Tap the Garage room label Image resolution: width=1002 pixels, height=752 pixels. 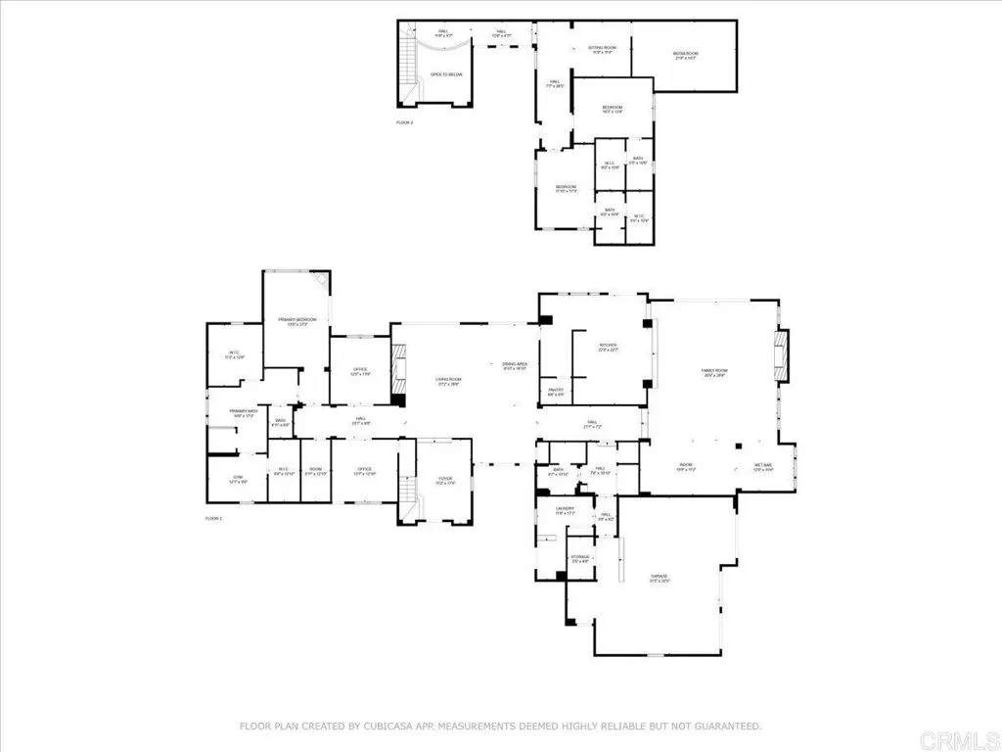tap(664, 579)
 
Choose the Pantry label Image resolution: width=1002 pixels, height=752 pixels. tap(555, 392)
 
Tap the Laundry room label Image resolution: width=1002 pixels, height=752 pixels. tap(566, 510)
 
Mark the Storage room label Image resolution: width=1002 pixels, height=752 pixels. tap(580, 559)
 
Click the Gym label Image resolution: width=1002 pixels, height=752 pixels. tap(235, 480)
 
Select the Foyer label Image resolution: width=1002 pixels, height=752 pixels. tap(444, 480)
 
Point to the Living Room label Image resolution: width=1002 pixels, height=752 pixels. tap(448, 381)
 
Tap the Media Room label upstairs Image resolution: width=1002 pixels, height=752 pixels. tap(685, 55)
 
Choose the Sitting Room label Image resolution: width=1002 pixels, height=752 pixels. tap(601, 49)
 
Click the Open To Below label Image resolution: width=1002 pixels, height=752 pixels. tap(446, 74)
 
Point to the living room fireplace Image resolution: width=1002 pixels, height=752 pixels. tap(397, 371)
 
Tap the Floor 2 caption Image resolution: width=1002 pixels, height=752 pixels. tap(405, 122)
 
